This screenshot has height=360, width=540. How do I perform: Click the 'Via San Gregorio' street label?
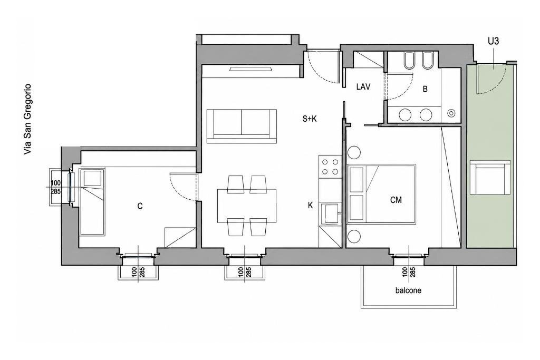coord(27,120)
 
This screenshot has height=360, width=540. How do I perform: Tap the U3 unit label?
coord(493,41)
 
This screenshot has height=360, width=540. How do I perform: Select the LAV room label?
coord(363,87)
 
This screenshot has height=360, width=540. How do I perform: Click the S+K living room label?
coord(309,119)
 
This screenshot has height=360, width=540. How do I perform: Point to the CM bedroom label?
coord(396,200)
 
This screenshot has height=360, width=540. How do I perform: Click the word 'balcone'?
coord(408,290)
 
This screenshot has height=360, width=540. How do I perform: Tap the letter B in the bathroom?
coord(425,89)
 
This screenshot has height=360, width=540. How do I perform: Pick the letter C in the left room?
coord(140,206)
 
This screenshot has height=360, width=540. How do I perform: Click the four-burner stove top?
coord(330,166)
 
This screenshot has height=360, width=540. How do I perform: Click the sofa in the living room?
coord(242,126)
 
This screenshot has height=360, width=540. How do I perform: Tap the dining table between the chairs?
coord(247,206)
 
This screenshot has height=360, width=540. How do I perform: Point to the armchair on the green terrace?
coord(490,177)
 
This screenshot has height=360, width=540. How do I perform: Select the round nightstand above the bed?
coord(354,152)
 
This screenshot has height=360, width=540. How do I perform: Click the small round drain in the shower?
coord(451,113)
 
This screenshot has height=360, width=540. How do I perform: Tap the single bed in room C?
coord(92,202)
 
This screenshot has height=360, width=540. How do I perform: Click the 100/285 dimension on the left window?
coord(56,187)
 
